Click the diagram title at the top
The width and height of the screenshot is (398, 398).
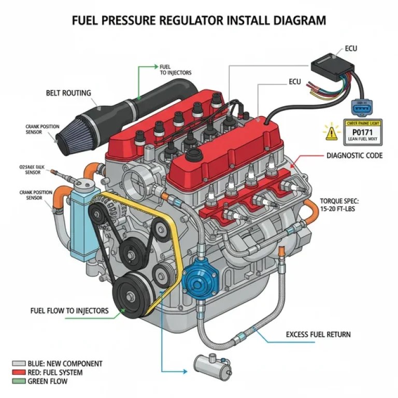click(199, 20)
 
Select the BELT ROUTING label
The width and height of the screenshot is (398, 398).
click(68, 93)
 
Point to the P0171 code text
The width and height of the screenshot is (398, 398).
click(362, 132)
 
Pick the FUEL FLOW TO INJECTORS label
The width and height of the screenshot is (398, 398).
click(69, 311)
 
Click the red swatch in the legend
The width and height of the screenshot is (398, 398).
click(19, 373)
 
